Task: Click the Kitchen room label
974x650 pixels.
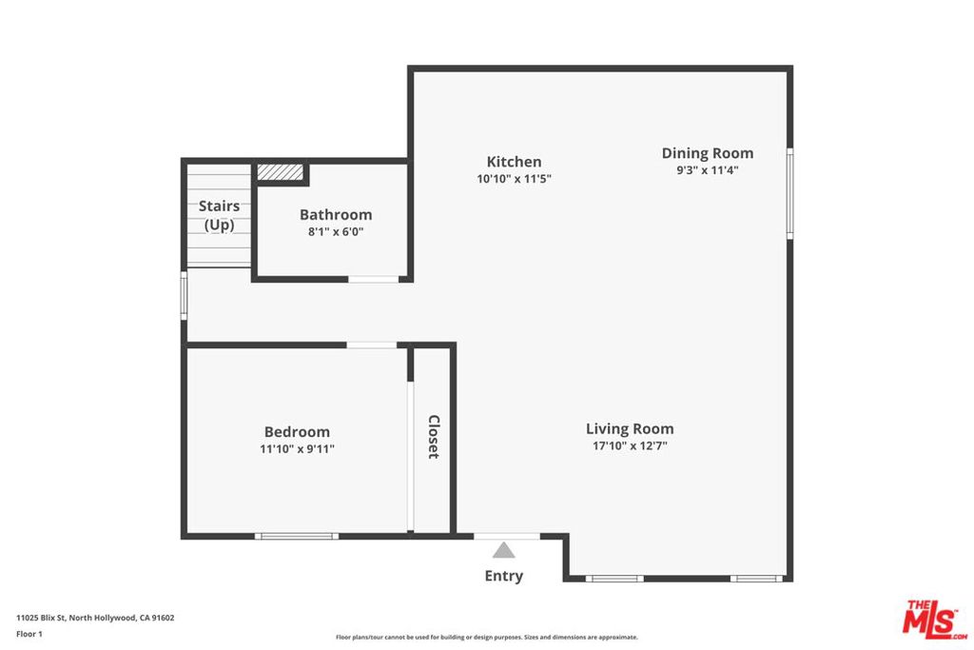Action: [x=514, y=162]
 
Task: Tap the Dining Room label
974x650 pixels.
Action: [x=708, y=153]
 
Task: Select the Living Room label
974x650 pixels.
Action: [x=630, y=429]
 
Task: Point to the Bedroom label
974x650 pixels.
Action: [x=297, y=432]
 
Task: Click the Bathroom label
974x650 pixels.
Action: [x=336, y=215]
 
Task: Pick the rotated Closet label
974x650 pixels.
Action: [x=434, y=437]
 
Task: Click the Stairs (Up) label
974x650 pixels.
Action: [x=220, y=215]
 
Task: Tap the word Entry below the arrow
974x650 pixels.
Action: [x=504, y=576]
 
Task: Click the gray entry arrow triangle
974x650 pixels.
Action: [x=504, y=551]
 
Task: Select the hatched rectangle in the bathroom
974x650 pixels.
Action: [x=281, y=172]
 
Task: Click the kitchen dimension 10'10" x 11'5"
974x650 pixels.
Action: [x=515, y=179]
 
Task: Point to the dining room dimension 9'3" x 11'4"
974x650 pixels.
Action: [x=708, y=170]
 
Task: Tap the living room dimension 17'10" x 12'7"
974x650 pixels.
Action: [x=630, y=445]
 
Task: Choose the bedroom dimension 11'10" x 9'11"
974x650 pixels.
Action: [x=297, y=448]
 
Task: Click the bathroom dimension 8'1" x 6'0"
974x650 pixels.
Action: [x=336, y=232]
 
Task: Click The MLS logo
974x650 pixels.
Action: [x=935, y=620]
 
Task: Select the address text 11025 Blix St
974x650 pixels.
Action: [x=40, y=618]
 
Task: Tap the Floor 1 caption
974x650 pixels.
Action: [x=29, y=634]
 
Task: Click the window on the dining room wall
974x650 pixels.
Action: [x=790, y=193]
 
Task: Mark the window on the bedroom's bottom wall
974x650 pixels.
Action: [x=297, y=537]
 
